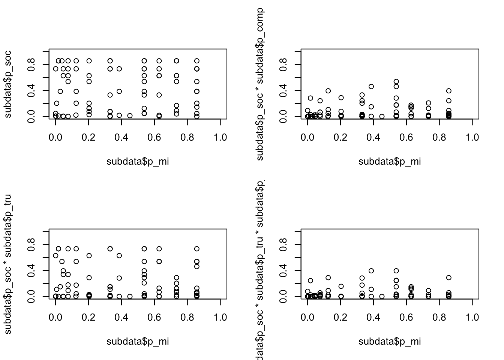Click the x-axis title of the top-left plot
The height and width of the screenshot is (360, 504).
click(x=138, y=162)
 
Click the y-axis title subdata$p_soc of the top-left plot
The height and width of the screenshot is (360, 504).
click(x=8, y=84)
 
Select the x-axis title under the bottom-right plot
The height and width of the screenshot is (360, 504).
click(x=390, y=342)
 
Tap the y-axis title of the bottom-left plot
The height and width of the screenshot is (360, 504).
click(x=8, y=264)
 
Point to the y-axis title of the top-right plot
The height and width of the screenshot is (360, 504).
click(x=260, y=84)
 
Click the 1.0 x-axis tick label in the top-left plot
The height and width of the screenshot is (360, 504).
click(x=220, y=138)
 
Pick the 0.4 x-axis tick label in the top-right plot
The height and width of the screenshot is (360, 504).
click(x=373, y=138)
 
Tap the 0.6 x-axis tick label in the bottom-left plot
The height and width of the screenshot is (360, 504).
click(x=154, y=318)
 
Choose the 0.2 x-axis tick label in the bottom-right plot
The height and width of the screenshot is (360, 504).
click(x=340, y=318)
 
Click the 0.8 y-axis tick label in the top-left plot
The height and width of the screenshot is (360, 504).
click(x=31, y=64)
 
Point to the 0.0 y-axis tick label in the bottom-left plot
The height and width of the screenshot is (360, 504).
click(x=31, y=296)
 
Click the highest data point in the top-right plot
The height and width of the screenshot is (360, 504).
click(x=396, y=81)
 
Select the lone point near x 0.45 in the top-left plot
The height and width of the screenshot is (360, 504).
click(x=130, y=115)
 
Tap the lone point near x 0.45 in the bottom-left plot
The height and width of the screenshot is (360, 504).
click(x=130, y=296)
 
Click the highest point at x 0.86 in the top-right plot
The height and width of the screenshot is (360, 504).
click(x=449, y=91)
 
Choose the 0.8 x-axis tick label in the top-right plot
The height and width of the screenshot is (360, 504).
click(x=439, y=138)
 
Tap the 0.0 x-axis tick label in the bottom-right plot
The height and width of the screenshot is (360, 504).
click(x=307, y=318)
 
